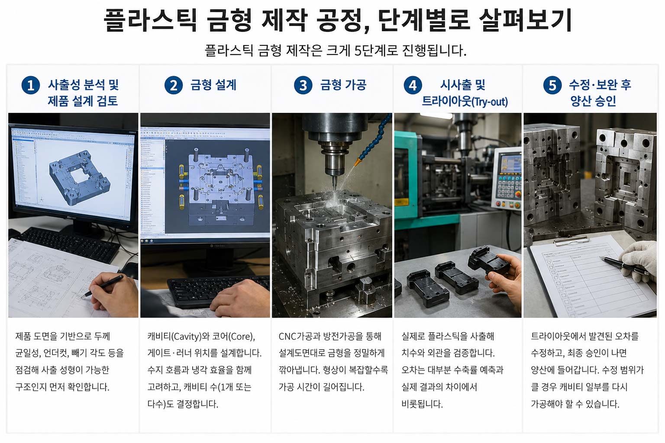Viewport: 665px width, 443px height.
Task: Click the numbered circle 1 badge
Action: click(x=31, y=85)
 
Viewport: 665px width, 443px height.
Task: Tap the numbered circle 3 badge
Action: click(x=303, y=85)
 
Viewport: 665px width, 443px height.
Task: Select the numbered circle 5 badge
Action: click(x=552, y=85)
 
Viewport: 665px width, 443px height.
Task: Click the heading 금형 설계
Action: click(x=213, y=85)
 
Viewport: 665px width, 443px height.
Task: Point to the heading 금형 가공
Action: click(x=343, y=85)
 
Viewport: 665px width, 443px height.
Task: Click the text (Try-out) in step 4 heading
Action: click(x=490, y=102)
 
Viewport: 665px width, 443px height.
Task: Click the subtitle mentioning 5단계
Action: click(x=336, y=51)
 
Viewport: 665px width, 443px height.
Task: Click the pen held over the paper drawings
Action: click(x=103, y=286)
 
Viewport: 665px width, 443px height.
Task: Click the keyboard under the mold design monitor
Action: click(x=219, y=291)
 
